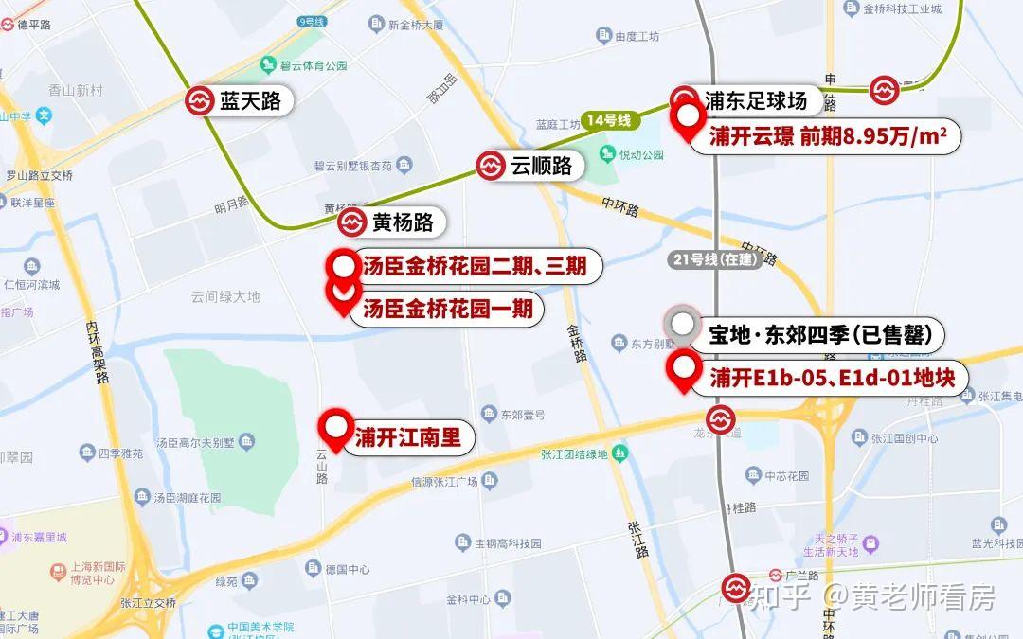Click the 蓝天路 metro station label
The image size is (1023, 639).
[x=250, y=101]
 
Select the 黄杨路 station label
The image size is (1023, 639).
[x=403, y=222]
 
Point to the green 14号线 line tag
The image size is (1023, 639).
[x=608, y=120]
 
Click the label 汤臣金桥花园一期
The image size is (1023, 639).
[x=447, y=309]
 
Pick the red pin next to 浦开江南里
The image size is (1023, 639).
[x=334, y=431]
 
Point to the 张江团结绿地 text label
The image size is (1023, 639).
[x=574, y=453]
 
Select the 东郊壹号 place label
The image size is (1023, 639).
[x=523, y=414]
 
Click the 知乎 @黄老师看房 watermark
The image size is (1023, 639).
[x=871, y=596]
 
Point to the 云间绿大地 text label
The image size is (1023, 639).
[x=225, y=296]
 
